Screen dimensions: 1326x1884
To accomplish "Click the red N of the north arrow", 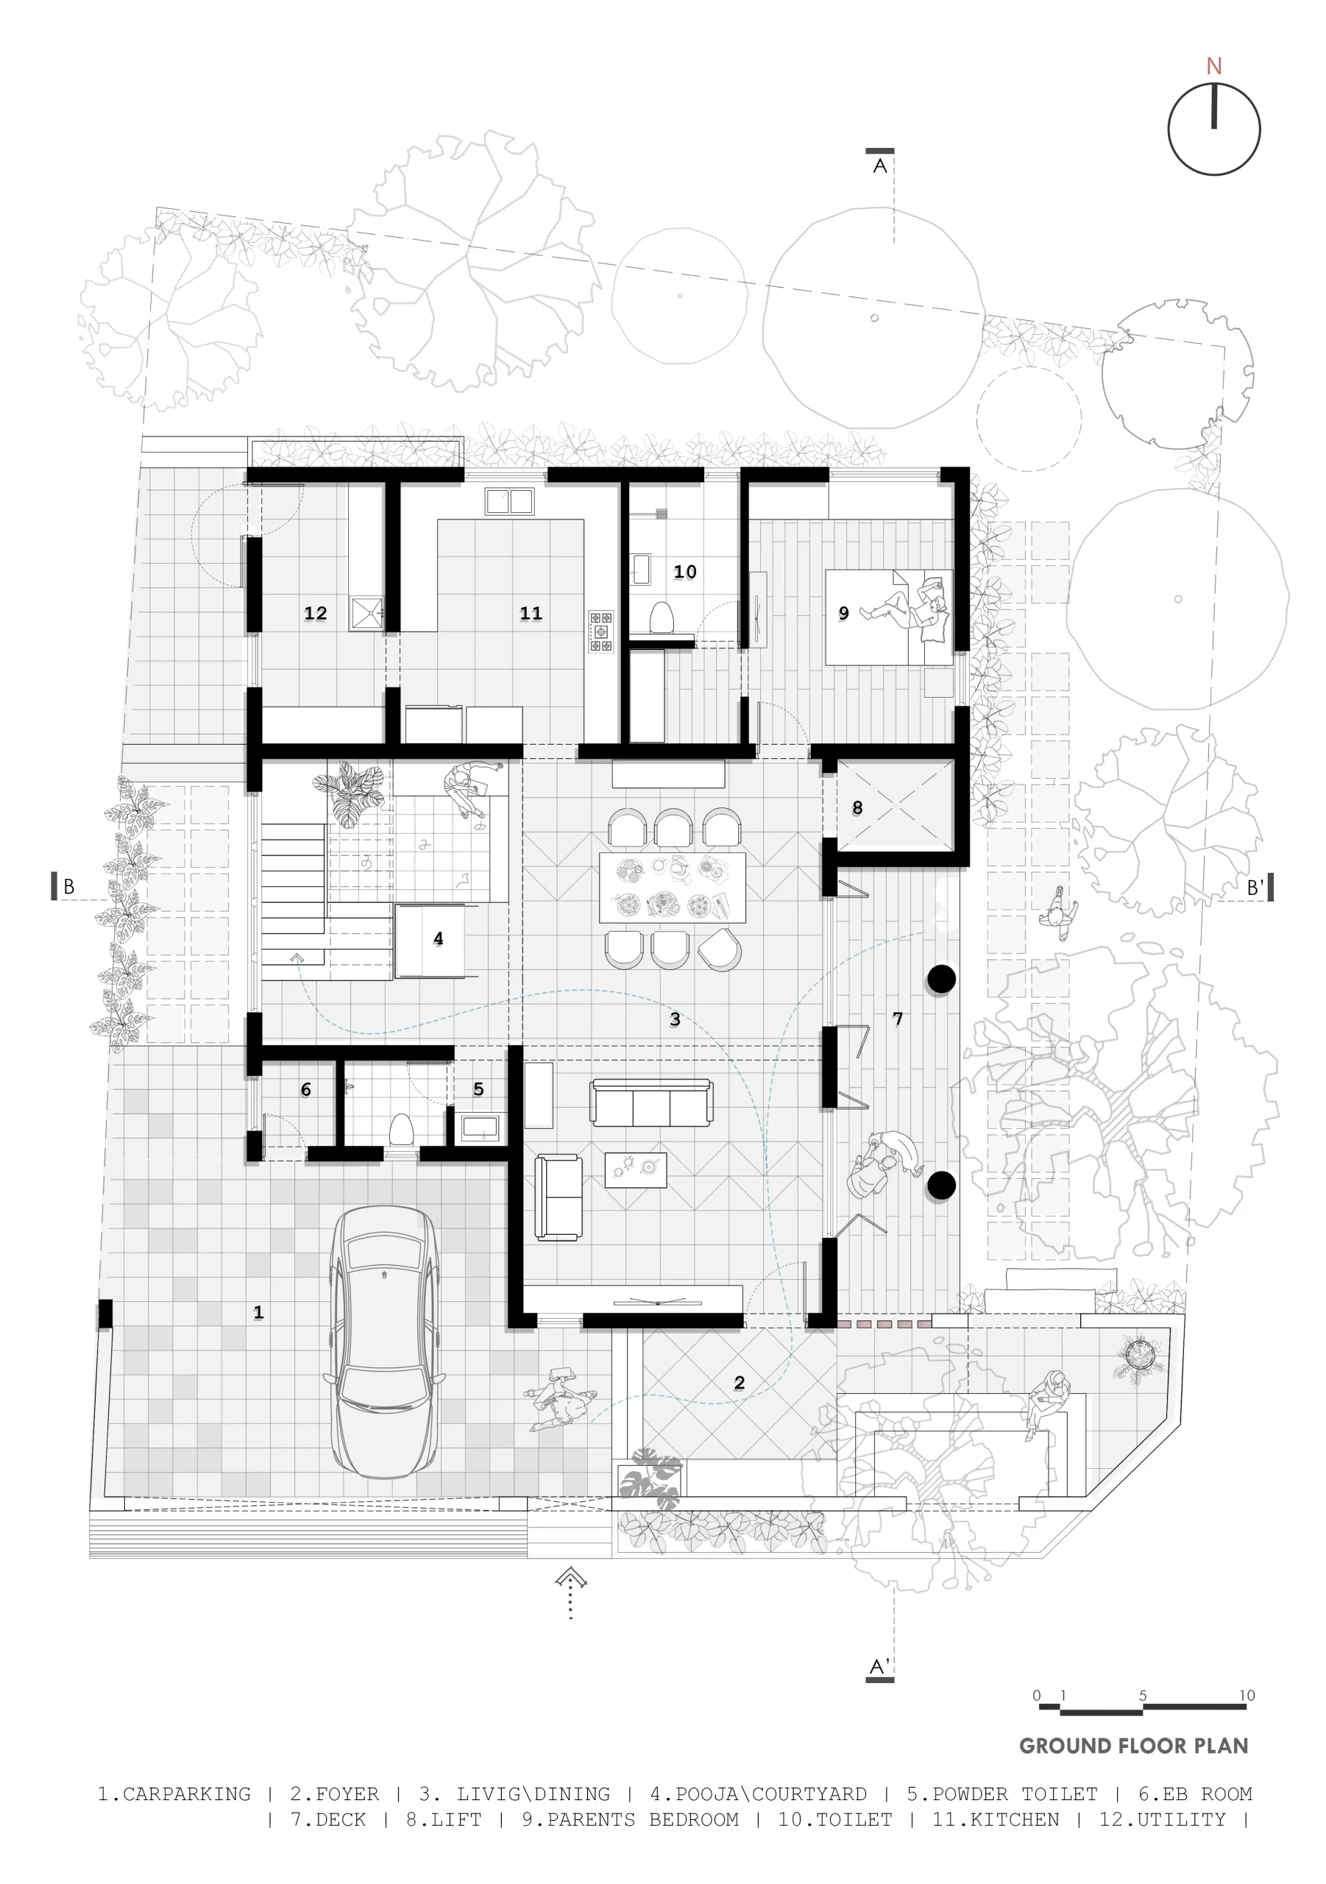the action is [1213, 65].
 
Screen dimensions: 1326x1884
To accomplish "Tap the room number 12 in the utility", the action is [315, 613].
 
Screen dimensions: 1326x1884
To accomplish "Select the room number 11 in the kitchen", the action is [531, 613].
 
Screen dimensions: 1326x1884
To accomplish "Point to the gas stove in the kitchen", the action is [600, 631].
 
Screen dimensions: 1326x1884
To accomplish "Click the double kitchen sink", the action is [509, 500].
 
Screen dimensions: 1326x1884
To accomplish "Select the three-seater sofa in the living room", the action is [651, 1102].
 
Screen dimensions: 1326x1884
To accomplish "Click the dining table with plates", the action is [672, 888].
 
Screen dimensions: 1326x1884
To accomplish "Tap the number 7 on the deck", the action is [898, 1019].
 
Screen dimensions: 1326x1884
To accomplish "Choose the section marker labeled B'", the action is [1260, 887].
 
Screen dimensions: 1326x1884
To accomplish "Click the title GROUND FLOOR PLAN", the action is [1133, 1746].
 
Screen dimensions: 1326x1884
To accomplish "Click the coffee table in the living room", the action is [635, 1169].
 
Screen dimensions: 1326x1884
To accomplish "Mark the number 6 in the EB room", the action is [306, 1090].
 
